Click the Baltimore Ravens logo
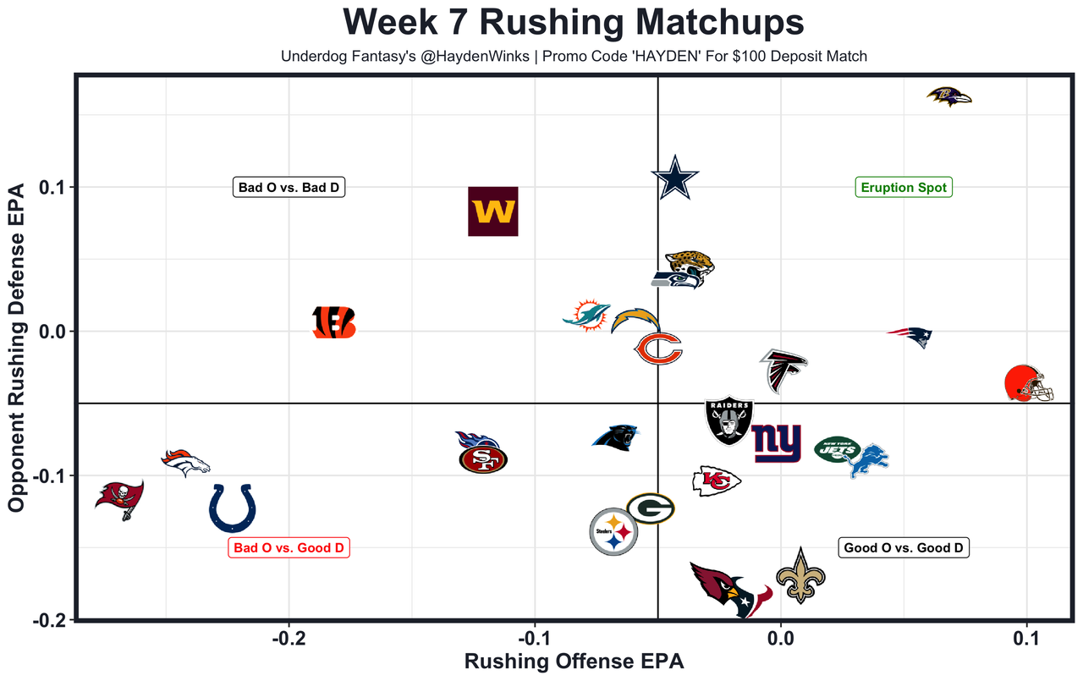point(949,96)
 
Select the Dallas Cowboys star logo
point(675,178)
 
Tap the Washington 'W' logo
point(493,211)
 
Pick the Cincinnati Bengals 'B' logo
point(334,322)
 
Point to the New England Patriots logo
point(910,335)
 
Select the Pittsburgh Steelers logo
point(613,532)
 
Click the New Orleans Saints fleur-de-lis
point(800,575)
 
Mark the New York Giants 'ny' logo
point(777,442)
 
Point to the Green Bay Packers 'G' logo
point(650,508)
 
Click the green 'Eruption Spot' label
point(904,187)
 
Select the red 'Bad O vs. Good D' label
point(289,548)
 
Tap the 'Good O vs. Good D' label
point(904,548)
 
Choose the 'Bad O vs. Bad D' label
point(289,187)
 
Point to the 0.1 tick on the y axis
point(54,187)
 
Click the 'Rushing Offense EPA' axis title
point(574,661)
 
